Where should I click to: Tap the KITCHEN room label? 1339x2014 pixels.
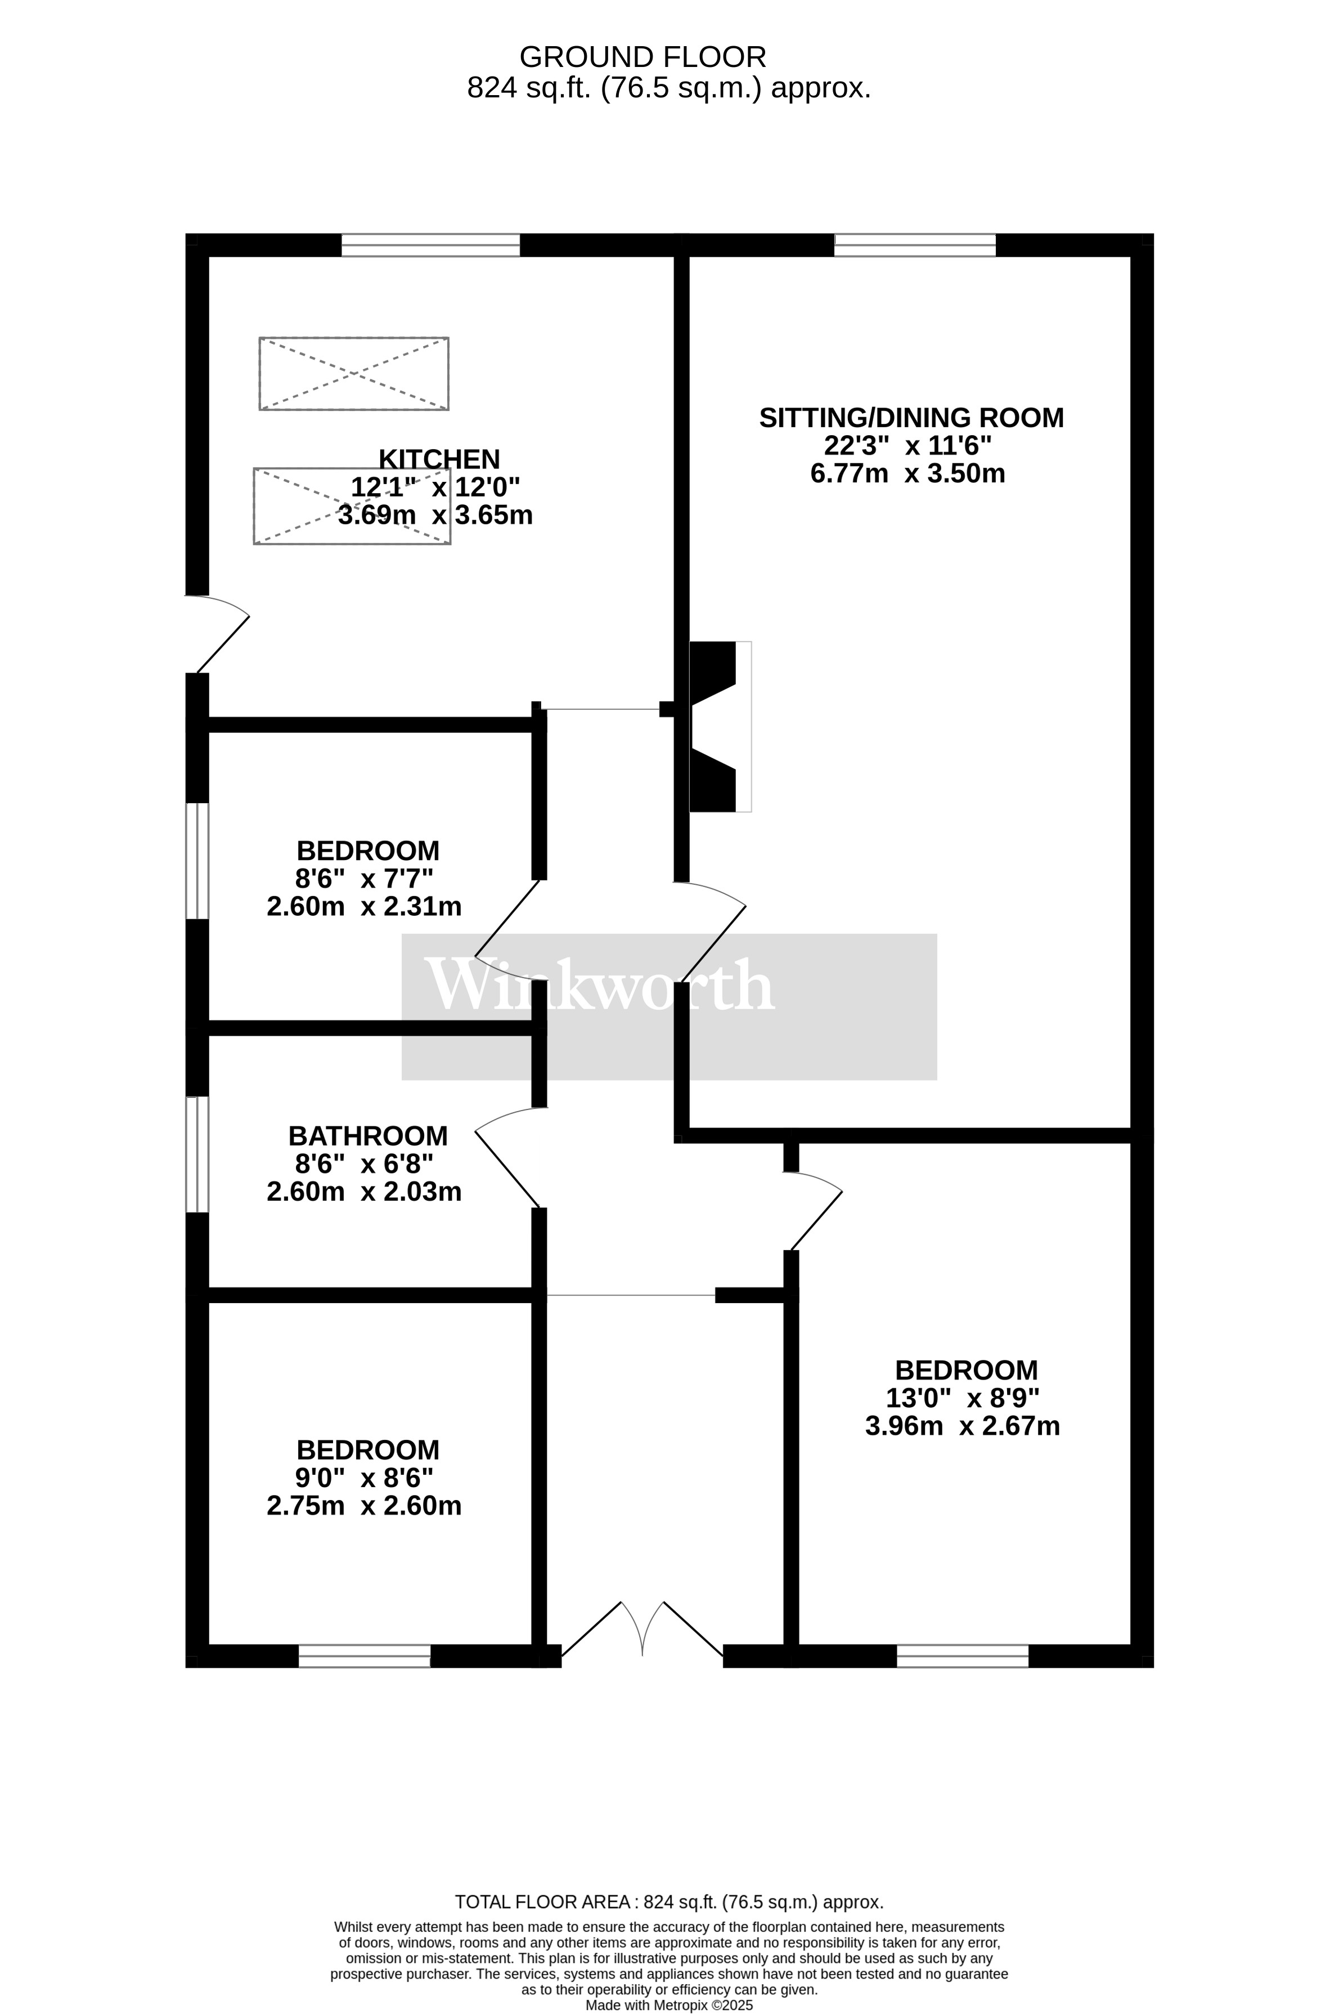point(439,459)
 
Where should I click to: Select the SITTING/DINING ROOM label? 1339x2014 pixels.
point(911,418)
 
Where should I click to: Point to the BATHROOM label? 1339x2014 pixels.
point(368,1136)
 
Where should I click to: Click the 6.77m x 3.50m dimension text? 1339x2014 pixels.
point(907,473)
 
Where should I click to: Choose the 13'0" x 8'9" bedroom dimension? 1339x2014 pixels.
point(963,1398)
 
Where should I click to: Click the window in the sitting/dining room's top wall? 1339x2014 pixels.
point(915,245)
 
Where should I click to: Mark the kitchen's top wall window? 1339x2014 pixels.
point(430,245)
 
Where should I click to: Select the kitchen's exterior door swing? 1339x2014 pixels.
point(218,634)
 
